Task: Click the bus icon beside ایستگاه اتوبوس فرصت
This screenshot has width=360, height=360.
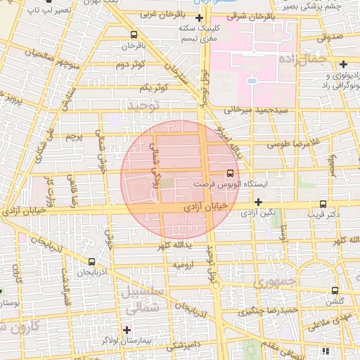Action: coord(230,173)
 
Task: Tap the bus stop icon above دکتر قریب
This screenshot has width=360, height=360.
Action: coord(323,202)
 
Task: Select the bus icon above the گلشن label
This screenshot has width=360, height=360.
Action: coord(334,290)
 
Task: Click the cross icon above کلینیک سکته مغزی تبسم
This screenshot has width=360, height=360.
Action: coord(200,17)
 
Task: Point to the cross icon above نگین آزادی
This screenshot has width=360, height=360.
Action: coord(258,202)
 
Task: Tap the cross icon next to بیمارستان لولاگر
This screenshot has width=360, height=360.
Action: coord(127,329)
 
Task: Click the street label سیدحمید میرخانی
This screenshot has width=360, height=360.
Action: coord(252,110)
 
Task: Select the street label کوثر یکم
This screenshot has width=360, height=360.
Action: coord(153,87)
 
